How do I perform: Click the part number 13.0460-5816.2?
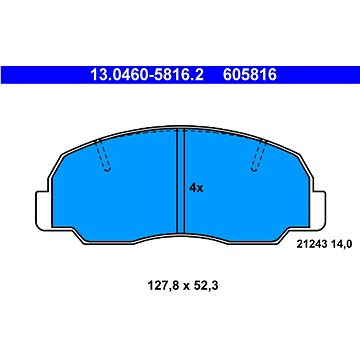click(x=147, y=75)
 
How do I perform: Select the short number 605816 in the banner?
click(x=250, y=75)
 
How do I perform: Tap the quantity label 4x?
click(x=196, y=188)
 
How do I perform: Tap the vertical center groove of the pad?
click(x=180, y=181)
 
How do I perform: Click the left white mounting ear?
click(x=43, y=211)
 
